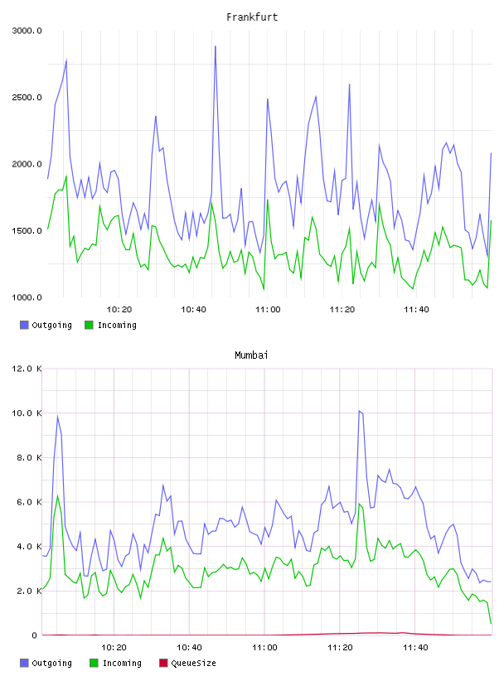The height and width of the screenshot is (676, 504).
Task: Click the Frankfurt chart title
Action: click(x=252, y=17)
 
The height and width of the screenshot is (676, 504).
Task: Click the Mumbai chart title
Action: click(x=251, y=355)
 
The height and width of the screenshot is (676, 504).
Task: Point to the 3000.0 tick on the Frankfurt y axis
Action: click(x=27, y=31)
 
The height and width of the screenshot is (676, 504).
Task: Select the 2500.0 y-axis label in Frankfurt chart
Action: click(x=27, y=97)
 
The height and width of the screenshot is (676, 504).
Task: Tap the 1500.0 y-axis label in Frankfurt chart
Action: click(x=27, y=230)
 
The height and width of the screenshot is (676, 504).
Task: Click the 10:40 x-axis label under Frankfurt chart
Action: click(x=193, y=309)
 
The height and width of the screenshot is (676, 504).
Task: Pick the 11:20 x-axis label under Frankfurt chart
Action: click(x=342, y=309)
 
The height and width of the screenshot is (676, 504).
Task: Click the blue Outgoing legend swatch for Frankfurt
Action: click(x=24, y=325)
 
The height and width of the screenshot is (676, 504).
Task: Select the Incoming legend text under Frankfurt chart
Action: click(x=117, y=325)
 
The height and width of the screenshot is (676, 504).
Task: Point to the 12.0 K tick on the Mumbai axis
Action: click(x=27, y=369)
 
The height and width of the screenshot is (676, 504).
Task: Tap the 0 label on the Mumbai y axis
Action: click(x=34, y=635)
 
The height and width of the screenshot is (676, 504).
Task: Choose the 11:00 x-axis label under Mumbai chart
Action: click(x=264, y=647)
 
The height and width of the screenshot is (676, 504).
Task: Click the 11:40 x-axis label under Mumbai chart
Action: click(x=415, y=647)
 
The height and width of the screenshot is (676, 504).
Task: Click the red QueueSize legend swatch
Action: click(x=163, y=663)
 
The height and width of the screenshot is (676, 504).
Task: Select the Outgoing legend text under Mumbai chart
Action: click(x=51, y=663)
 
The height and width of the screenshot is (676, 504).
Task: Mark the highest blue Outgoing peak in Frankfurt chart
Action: click(x=216, y=46)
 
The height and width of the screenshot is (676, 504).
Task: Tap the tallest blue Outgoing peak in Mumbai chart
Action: click(x=359, y=411)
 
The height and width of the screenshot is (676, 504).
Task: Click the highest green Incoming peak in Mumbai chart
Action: click(x=57, y=495)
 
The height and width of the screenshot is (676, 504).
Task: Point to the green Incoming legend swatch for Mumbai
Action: click(x=94, y=663)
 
